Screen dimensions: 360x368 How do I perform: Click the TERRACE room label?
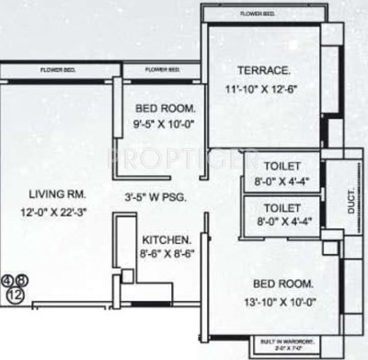click(x=264, y=69)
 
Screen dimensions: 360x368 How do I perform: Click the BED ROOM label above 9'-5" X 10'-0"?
click(x=162, y=107)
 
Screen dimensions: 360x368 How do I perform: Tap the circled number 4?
click(x=8, y=280)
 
